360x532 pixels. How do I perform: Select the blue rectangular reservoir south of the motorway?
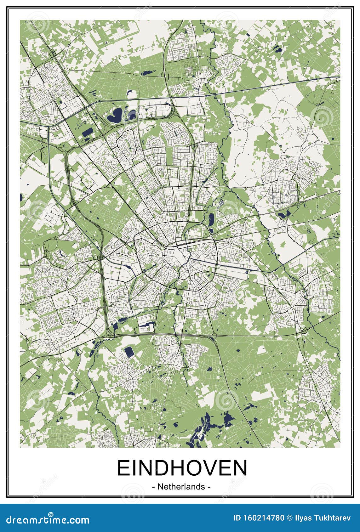tap(129, 352)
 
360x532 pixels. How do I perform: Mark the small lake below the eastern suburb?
tap(284, 215)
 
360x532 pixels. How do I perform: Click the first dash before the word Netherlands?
tap(153, 487)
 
